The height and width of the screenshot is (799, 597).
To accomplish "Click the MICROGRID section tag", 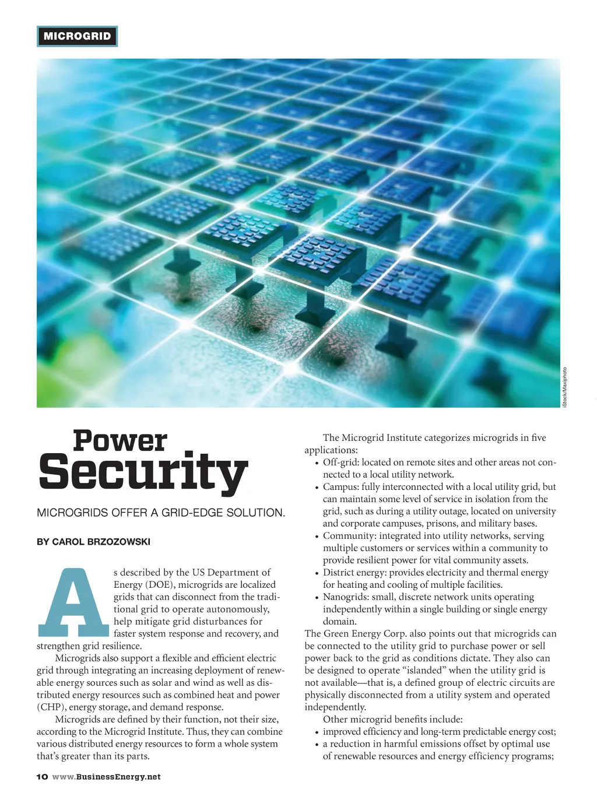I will [x=77, y=36].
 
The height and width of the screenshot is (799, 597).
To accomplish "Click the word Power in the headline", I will [x=120, y=441].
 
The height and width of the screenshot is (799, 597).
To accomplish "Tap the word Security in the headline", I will [x=143, y=472].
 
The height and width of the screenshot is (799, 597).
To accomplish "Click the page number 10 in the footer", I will [x=42, y=777].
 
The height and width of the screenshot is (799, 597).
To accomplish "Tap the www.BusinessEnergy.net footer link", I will [x=106, y=777].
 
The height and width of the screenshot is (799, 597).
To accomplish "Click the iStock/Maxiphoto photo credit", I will [x=564, y=387].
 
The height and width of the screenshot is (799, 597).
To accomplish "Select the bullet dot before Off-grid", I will [x=317, y=463].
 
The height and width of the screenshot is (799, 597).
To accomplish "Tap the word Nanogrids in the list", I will [x=346, y=597].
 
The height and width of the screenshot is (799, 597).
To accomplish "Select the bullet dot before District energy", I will [x=317, y=573].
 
